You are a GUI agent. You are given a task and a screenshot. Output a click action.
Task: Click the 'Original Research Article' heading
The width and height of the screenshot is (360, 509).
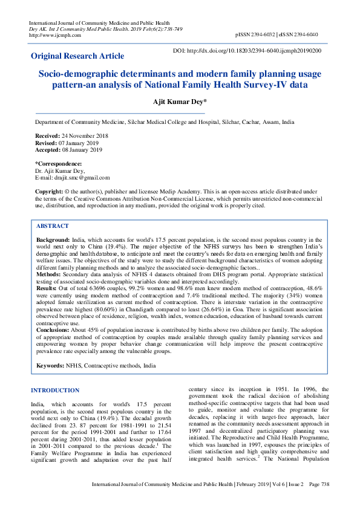78,56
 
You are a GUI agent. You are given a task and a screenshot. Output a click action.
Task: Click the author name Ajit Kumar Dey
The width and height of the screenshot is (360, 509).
180,103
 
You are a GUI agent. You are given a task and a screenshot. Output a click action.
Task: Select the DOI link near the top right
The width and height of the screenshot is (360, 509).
247,51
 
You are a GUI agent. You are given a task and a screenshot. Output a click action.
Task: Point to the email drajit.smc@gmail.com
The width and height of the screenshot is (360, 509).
80,178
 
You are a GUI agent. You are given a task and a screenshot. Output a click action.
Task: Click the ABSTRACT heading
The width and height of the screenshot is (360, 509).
53,225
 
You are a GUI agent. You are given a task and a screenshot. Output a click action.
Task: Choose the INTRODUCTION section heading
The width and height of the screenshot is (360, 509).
55,391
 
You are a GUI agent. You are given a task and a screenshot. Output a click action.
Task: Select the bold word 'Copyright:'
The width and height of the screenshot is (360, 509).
49,191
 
